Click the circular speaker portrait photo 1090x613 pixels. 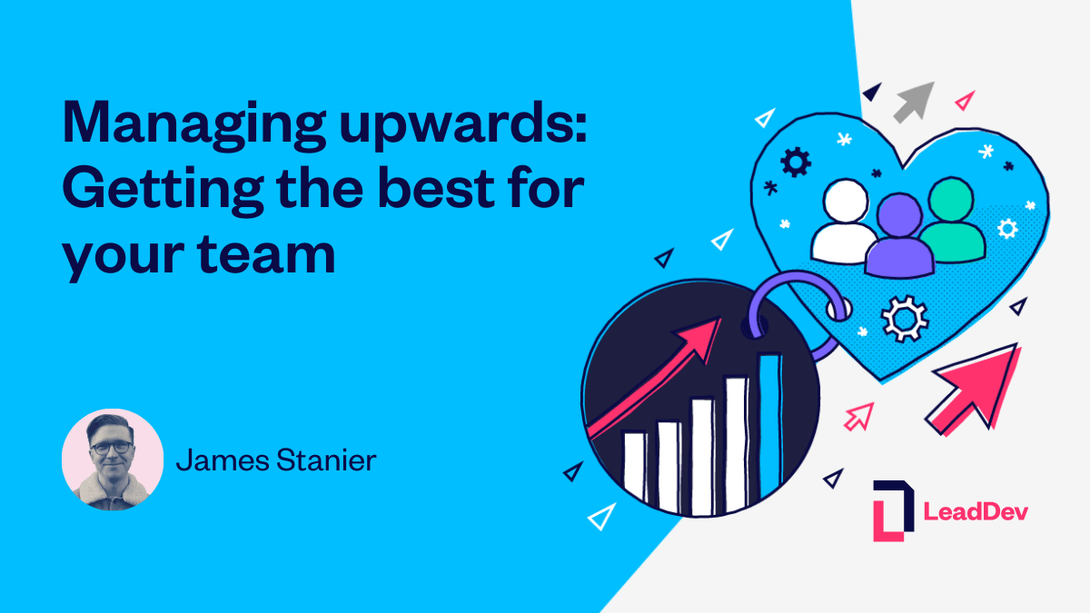click(x=113, y=460)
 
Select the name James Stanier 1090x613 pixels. click(x=276, y=460)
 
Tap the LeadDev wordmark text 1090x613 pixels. click(x=976, y=511)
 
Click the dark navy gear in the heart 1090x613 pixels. click(x=796, y=163)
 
